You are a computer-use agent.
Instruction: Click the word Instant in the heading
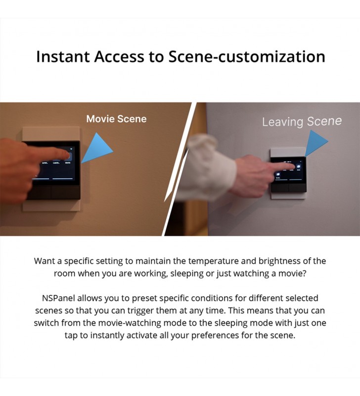point(63,56)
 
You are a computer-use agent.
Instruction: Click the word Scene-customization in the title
point(247,56)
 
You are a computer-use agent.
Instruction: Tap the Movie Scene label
point(116,119)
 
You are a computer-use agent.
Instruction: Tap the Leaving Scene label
point(302,122)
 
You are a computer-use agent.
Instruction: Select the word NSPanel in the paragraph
point(58,298)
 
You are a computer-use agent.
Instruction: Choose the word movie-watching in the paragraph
point(130,323)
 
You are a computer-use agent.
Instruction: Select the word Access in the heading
point(119,56)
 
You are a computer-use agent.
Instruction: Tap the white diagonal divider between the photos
point(180,169)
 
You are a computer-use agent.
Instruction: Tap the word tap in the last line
point(71,336)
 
